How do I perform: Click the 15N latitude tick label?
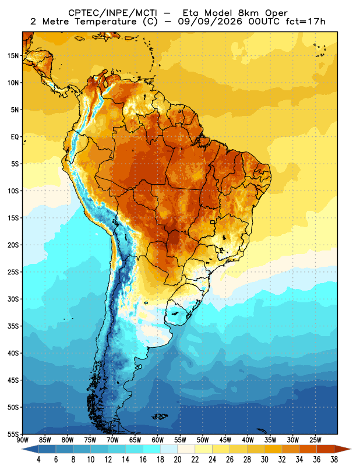click(x=13, y=55)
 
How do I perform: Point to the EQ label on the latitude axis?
click(x=15, y=137)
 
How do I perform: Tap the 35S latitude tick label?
click(x=13, y=326)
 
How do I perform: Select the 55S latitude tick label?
click(x=13, y=434)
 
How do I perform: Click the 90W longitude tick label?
click(x=22, y=440)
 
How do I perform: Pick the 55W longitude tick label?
click(x=180, y=440)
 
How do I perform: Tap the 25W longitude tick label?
click(x=315, y=440)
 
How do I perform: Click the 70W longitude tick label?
click(x=112, y=440)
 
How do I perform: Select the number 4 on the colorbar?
click(x=38, y=460)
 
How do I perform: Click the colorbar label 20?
click(x=178, y=460)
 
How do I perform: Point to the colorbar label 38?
click(x=334, y=460)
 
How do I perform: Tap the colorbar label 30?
click(x=264, y=460)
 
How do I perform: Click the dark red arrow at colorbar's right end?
click(x=343, y=449)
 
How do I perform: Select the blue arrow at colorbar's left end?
click(x=30, y=449)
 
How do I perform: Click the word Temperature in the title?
click(x=106, y=22)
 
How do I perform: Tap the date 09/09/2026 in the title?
click(x=210, y=22)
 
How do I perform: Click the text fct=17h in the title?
click(x=305, y=22)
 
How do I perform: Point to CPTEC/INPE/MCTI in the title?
click(x=112, y=13)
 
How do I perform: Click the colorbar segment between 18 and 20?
click(x=169, y=449)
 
